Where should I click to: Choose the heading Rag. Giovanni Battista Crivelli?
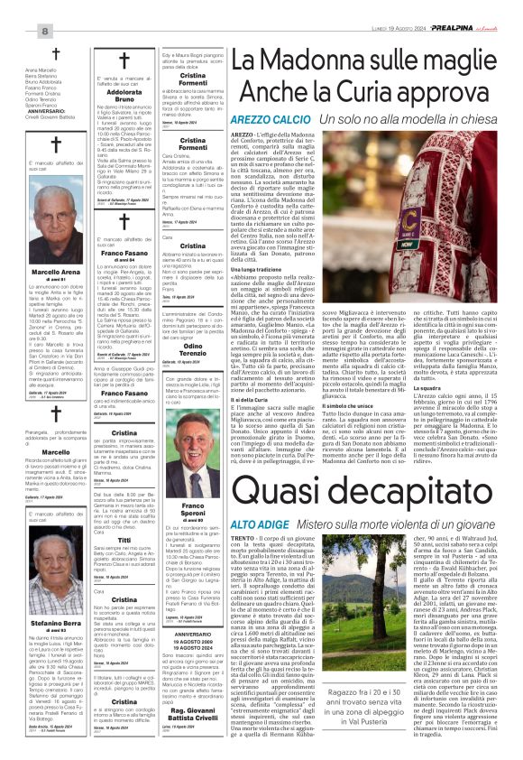pyautogui.click(x=193, y=697)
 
